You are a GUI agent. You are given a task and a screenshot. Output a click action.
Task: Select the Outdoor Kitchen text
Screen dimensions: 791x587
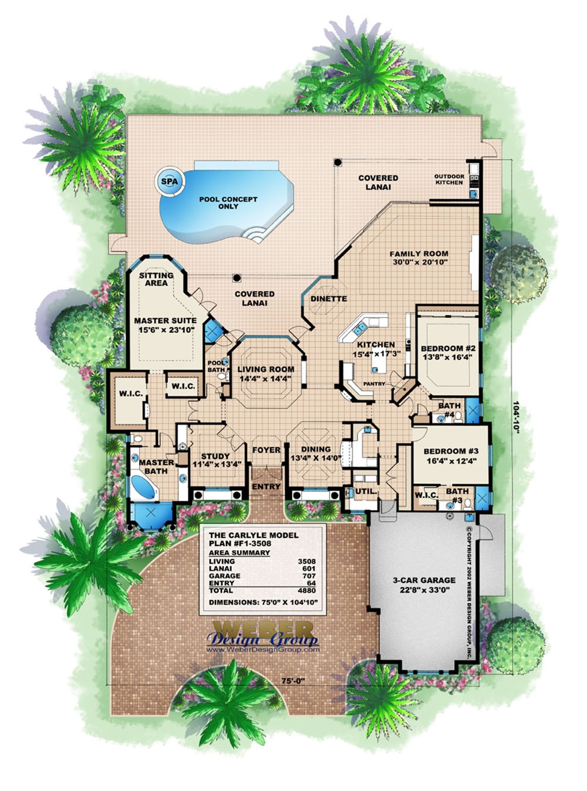pyautogui.click(x=449, y=179)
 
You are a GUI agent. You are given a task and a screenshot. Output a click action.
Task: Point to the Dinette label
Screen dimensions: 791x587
pyautogui.click(x=329, y=298)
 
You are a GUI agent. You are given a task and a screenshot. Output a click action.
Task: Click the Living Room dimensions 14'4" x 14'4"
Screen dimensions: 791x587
pyautogui.click(x=266, y=379)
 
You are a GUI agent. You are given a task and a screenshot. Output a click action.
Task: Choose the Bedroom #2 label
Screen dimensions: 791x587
pyautogui.click(x=448, y=348)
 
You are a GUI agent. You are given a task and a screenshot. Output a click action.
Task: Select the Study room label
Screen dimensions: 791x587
pyautogui.click(x=215, y=456)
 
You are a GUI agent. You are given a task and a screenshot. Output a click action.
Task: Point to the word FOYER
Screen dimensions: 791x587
pyautogui.click(x=266, y=450)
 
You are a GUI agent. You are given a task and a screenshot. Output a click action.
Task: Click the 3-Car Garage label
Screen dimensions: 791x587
pyautogui.click(x=424, y=580)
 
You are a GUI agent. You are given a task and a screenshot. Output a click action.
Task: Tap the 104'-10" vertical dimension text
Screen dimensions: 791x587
pyautogui.click(x=516, y=416)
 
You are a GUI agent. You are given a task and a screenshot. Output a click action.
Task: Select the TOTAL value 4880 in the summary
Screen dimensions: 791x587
pyautogui.click(x=307, y=591)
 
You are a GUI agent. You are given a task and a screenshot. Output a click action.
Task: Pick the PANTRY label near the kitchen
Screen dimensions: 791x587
pyautogui.click(x=374, y=384)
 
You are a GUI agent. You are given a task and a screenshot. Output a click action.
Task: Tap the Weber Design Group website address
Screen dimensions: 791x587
pyautogui.click(x=262, y=649)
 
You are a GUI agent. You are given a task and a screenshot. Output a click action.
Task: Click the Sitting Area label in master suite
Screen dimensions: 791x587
pyautogui.click(x=156, y=279)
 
